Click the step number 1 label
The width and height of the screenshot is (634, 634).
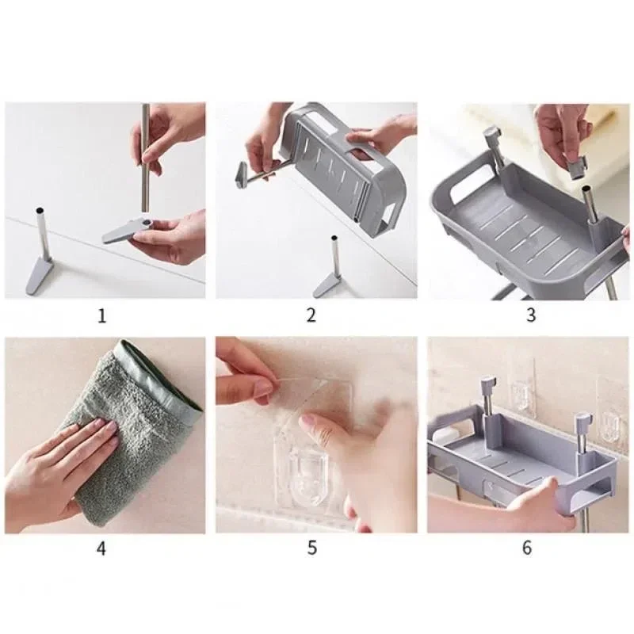pos(102,315)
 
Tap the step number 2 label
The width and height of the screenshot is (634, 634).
pos(311,315)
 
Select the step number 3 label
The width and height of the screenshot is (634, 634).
pos(531,315)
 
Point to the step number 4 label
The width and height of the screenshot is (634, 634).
pos(101,548)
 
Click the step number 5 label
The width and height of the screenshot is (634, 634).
pos(311,548)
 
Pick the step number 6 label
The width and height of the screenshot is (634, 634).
pos(527,548)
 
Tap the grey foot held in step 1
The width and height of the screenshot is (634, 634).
pos(125,231)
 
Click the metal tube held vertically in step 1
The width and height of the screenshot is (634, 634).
pos(146,158)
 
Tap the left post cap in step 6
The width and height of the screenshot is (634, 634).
pos(489,383)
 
